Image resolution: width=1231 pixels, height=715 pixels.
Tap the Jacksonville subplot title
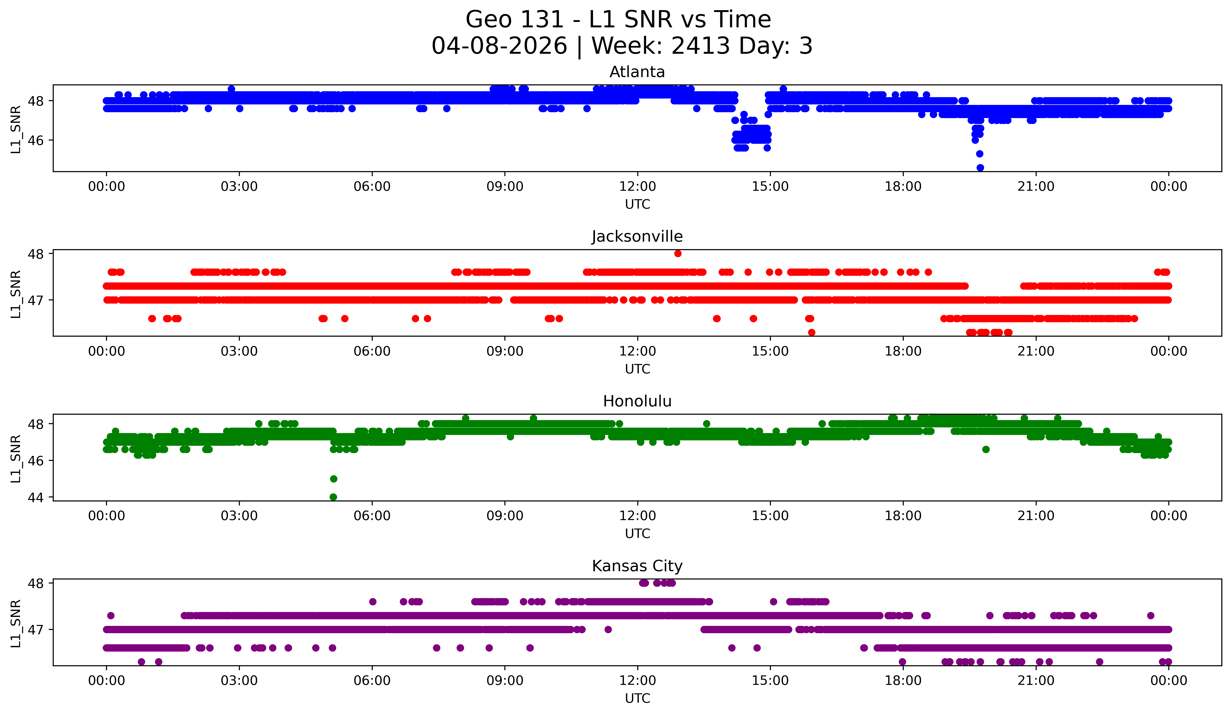(637, 236)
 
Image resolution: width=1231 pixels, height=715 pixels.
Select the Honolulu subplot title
(637, 401)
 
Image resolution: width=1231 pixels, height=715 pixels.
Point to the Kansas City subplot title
(637, 566)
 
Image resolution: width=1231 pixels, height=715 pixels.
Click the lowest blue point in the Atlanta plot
(980, 168)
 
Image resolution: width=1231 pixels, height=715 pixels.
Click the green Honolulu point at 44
(333, 497)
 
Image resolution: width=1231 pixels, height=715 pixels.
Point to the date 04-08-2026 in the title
(499, 46)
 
